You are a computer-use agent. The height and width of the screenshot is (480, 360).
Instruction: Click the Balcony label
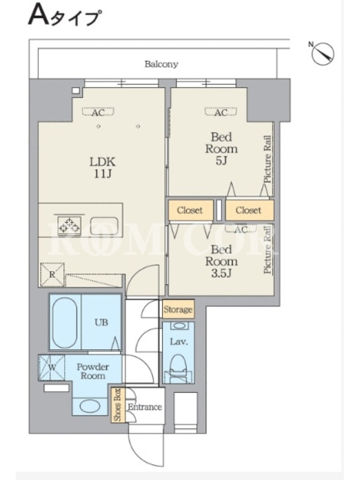click(161, 64)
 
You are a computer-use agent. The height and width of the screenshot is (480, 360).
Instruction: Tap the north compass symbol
click(323, 53)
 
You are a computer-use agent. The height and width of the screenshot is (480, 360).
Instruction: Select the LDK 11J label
click(102, 167)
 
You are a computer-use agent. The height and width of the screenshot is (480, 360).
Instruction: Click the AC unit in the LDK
click(98, 112)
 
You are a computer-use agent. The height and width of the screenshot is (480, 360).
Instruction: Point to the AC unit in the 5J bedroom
click(221, 112)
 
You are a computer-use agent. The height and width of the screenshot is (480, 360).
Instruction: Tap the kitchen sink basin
click(104, 226)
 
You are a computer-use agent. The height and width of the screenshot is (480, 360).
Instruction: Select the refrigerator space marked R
click(52, 275)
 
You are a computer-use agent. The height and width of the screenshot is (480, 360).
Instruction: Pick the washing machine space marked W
click(52, 367)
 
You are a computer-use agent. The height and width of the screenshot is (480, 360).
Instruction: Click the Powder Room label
click(93, 371)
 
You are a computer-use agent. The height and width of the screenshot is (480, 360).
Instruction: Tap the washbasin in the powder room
click(89, 406)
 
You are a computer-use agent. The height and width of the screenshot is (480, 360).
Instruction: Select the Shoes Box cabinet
click(118, 404)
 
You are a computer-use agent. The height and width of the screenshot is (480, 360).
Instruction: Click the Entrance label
click(145, 407)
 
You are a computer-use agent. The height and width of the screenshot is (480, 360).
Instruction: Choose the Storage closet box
click(178, 309)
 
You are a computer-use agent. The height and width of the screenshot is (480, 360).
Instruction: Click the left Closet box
click(190, 211)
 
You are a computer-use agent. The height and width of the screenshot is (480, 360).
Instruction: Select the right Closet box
click(249, 211)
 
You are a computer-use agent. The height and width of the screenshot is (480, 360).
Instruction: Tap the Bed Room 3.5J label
click(221, 261)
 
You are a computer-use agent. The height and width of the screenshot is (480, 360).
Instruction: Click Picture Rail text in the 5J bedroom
click(268, 159)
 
